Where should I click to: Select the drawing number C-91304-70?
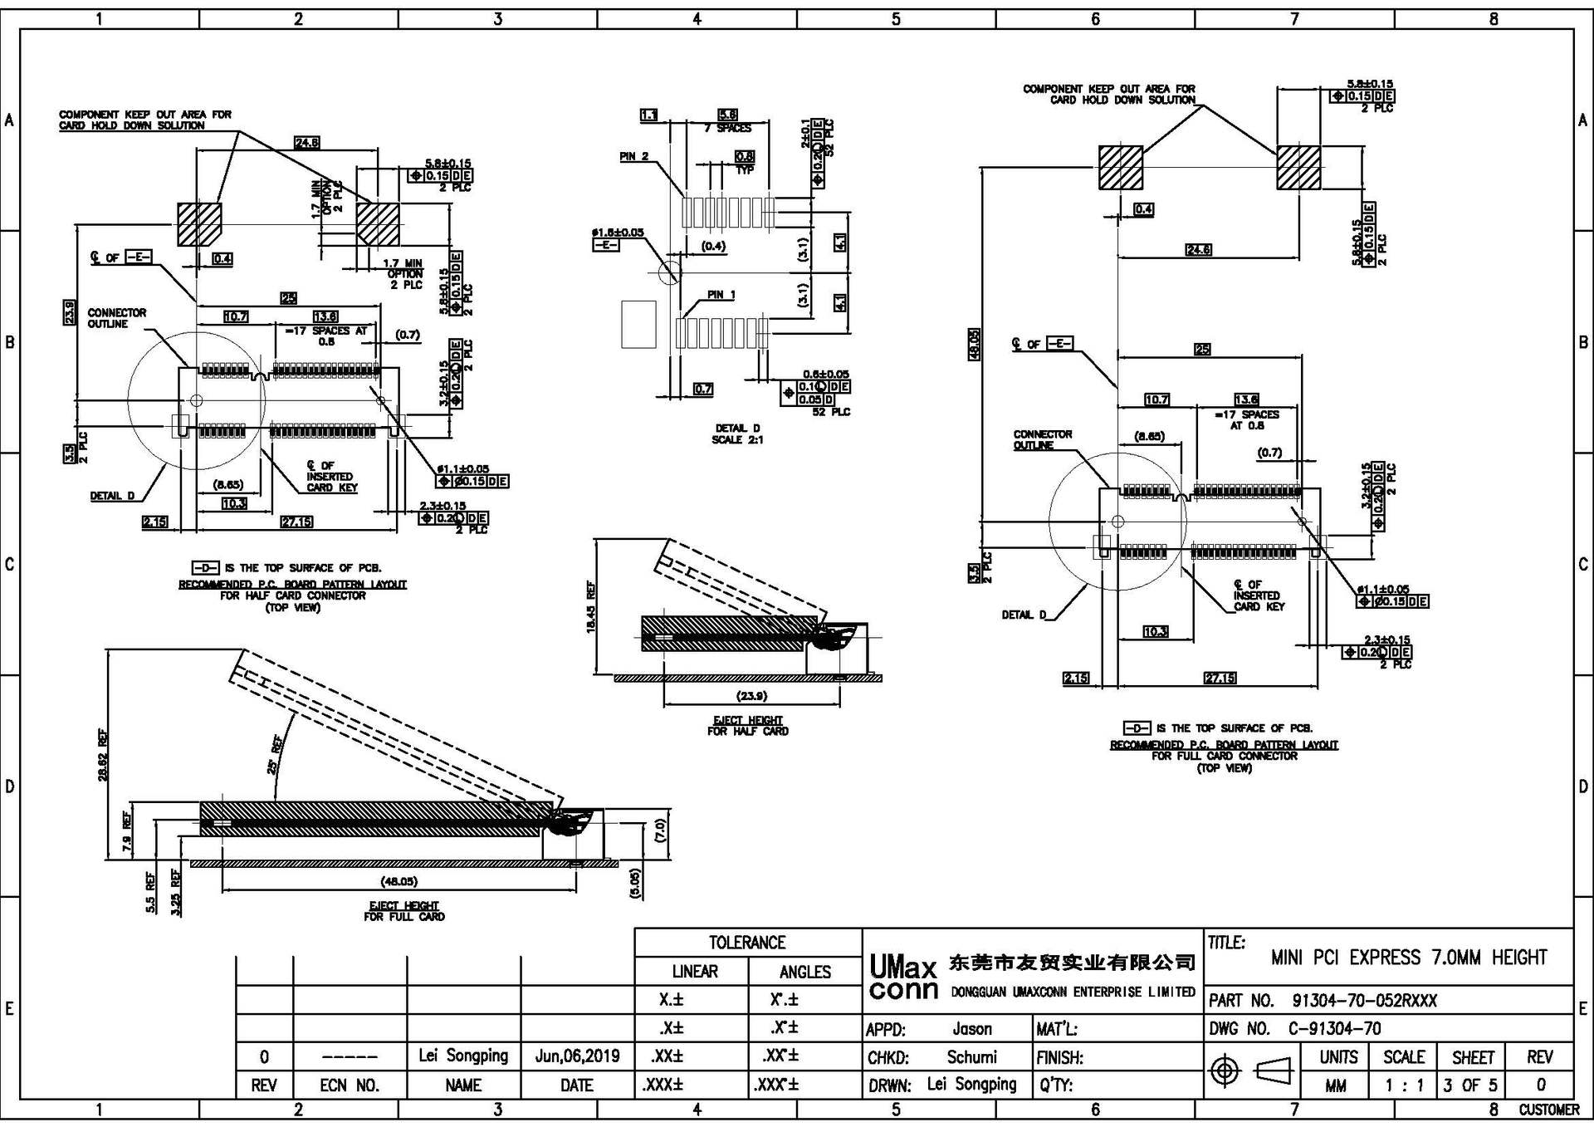(1334, 1029)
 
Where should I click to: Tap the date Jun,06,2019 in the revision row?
(577, 1056)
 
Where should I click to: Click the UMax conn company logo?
(903, 978)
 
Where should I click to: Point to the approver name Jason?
(971, 1029)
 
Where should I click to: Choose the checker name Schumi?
(971, 1057)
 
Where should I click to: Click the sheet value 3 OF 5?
(1469, 1085)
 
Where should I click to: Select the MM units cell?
(1335, 1085)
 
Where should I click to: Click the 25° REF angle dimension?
(276, 754)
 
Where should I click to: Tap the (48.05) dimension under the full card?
(398, 881)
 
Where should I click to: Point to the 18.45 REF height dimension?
(591, 607)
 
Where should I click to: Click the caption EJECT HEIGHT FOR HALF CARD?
(747, 726)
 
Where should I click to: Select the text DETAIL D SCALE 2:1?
(737, 434)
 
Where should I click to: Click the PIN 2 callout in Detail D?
(634, 156)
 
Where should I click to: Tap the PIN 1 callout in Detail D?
(721, 295)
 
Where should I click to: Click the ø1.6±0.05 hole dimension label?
(617, 233)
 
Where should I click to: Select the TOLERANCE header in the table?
(746, 943)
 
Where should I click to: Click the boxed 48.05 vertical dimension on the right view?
(975, 344)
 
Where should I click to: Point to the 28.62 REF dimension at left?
(103, 755)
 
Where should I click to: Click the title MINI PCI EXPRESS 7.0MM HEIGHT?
(1408, 958)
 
